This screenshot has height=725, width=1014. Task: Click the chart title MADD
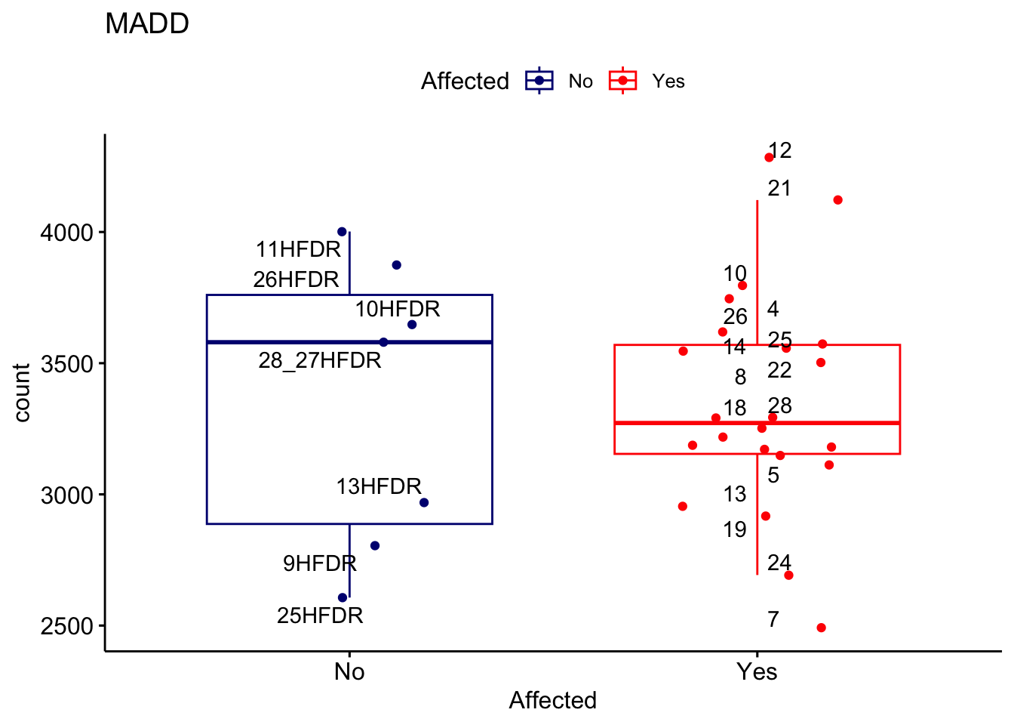click(x=147, y=24)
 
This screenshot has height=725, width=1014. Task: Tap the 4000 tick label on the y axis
click(x=66, y=233)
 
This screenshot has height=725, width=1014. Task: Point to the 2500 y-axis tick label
click(x=66, y=627)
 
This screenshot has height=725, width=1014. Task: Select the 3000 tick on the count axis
click(x=66, y=495)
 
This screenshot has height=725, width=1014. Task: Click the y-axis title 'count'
click(x=22, y=393)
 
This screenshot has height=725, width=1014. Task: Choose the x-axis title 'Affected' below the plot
click(x=552, y=701)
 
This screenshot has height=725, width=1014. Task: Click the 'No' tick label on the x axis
click(x=349, y=671)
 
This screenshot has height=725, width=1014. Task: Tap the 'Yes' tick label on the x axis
click(x=757, y=671)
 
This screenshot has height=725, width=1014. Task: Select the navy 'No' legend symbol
click(x=539, y=81)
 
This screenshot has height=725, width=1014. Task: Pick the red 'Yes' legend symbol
click(x=623, y=81)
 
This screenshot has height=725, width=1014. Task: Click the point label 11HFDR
click(x=298, y=249)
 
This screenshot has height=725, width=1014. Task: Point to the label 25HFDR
click(x=320, y=616)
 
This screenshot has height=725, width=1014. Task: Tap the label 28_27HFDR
click(x=320, y=361)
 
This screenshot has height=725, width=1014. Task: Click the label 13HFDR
click(x=379, y=486)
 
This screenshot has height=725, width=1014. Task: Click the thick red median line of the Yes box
click(x=830, y=423)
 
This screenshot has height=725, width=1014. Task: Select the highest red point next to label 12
click(x=769, y=158)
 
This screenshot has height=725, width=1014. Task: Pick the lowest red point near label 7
click(x=821, y=628)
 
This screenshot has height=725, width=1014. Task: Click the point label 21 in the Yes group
click(x=779, y=189)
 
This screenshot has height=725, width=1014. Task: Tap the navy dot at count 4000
click(x=342, y=232)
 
